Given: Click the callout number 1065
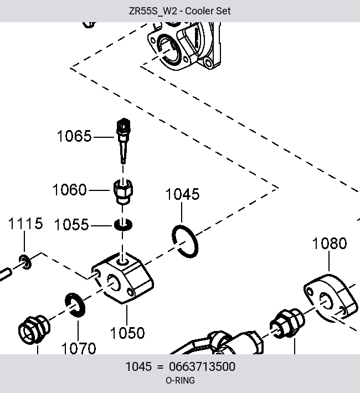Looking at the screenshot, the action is pyautogui.click(x=74, y=136).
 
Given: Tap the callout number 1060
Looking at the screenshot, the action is pyautogui.click(x=69, y=190).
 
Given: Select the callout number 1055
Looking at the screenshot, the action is pyautogui.click(x=71, y=225).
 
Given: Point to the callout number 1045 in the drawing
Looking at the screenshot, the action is pyautogui.click(x=183, y=194).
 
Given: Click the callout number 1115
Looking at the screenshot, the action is pyautogui.click(x=25, y=224).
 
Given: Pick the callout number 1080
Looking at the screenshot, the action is pyautogui.click(x=330, y=244).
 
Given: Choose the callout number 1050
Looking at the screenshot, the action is pyautogui.click(x=127, y=333).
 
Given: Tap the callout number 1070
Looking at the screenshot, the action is pyautogui.click(x=79, y=348).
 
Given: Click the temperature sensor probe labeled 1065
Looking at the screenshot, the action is pyautogui.click(x=123, y=141).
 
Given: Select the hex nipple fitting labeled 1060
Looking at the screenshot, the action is pyautogui.click(x=123, y=191).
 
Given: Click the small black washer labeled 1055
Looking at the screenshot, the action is pyautogui.click(x=123, y=225).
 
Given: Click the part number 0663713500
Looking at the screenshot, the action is pyautogui.click(x=202, y=366).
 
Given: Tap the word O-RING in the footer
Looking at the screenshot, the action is pyautogui.click(x=180, y=380).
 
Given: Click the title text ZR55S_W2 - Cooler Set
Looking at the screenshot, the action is pyautogui.click(x=179, y=11).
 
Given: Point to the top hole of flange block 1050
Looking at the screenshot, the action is pyautogui.click(x=123, y=262).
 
